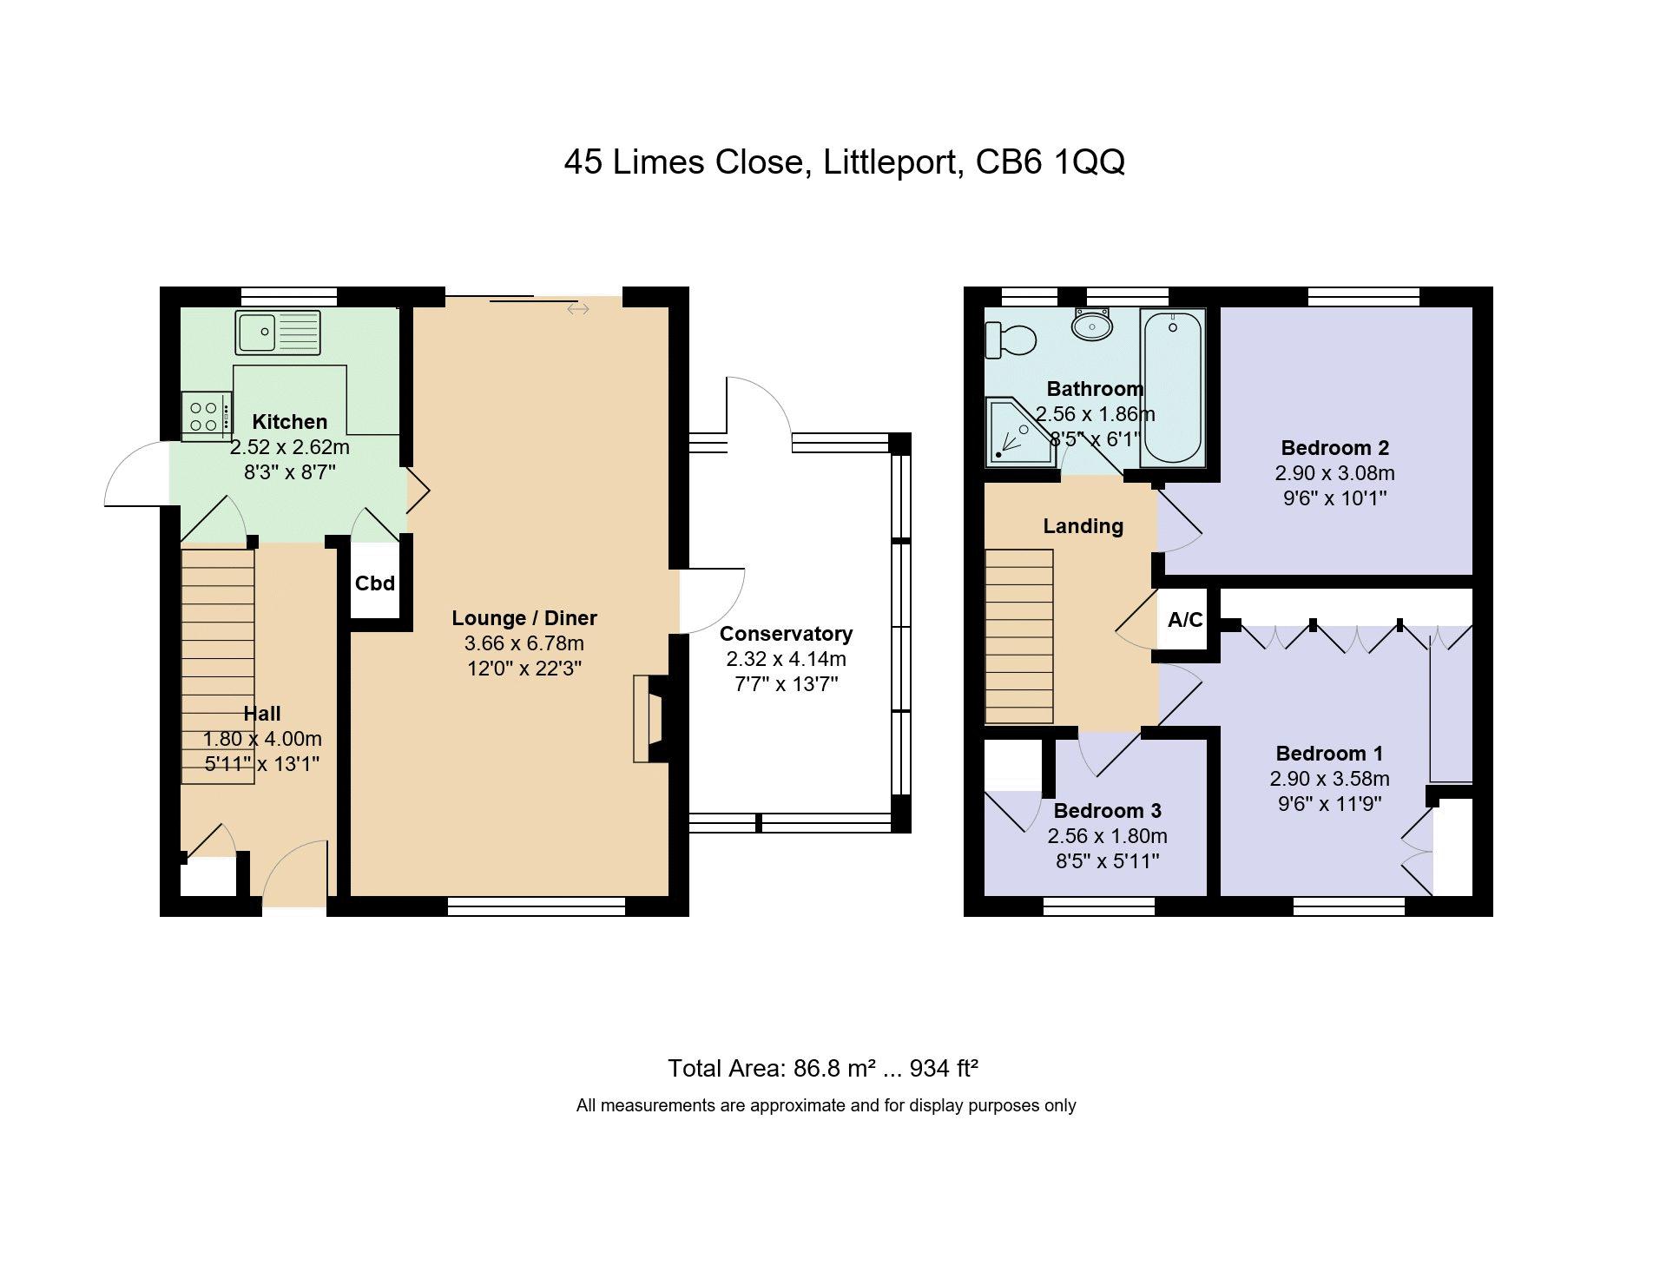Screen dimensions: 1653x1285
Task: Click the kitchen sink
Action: point(278,333)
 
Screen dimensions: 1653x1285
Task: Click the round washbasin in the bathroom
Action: point(1091,325)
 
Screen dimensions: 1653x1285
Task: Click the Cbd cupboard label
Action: point(375,583)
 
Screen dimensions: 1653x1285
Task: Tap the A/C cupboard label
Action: point(1185,620)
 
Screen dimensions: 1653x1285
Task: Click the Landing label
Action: point(1083,526)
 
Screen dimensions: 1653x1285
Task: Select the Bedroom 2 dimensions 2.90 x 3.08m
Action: point(1334,473)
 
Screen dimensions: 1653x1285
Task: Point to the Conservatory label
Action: point(786,634)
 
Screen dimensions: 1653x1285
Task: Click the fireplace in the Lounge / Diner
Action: point(650,719)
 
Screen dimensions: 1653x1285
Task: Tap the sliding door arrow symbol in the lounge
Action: point(578,309)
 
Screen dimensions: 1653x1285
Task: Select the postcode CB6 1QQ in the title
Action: point(1050,161)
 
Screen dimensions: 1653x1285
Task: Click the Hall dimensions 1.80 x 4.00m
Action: point(262,739)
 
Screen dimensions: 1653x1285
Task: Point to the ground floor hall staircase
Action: point(218,665)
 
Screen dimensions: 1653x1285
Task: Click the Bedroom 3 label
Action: point(1107,811)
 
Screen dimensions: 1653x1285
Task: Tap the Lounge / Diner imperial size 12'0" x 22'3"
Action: point(524,669)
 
